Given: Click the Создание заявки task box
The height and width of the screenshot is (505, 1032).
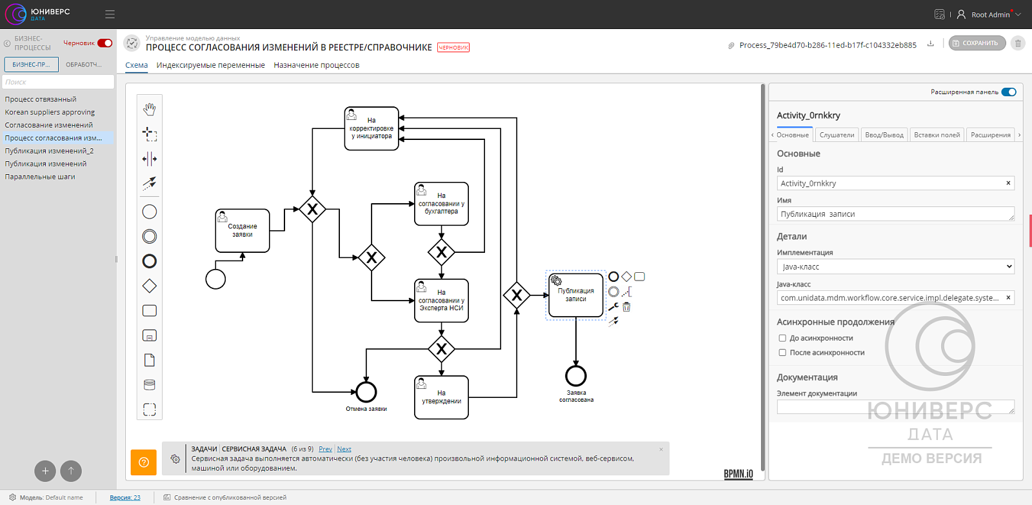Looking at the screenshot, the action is click(x=243, y=230).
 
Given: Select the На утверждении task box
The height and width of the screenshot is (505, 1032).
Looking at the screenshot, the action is click(x=441, y=397).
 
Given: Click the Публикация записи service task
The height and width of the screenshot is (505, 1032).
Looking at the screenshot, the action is click(x=576, y=295).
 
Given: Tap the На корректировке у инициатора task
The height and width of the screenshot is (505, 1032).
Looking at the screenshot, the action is click(x=372, y=128).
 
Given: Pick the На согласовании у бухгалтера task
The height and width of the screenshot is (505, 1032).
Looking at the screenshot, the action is click(x=441, y=204).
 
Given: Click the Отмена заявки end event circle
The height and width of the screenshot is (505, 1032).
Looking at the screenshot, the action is click(x=366, y=392).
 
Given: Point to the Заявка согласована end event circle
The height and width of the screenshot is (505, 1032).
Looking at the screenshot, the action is click(x=576, y=376).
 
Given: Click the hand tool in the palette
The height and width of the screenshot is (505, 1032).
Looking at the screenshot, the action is click(x=149, y=110).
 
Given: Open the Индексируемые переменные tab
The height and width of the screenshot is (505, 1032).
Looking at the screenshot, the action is click(x=210, y=65).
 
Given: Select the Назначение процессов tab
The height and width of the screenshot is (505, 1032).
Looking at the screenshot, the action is click(x=317, y=65).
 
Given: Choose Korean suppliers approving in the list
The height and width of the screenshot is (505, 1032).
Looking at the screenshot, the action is click(x=50, y=112).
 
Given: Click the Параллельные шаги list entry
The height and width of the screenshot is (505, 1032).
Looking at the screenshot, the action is click(x=40, y=177).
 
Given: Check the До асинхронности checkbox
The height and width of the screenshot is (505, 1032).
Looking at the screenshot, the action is click(x=782, y=338).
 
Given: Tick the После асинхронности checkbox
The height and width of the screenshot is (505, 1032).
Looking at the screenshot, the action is click(x=782, y=353).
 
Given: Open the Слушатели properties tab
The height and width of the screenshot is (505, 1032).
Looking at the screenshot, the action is click(x=837, y=135).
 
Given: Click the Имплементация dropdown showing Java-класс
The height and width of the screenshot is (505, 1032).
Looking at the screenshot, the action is click(x=896, y=266).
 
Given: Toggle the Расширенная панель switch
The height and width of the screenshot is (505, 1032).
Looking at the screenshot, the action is click(x=1009, y=92).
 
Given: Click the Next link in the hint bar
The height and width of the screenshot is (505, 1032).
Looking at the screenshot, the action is click(x=344, y=449).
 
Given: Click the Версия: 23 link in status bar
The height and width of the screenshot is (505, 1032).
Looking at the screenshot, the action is click(x=125, y=498).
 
